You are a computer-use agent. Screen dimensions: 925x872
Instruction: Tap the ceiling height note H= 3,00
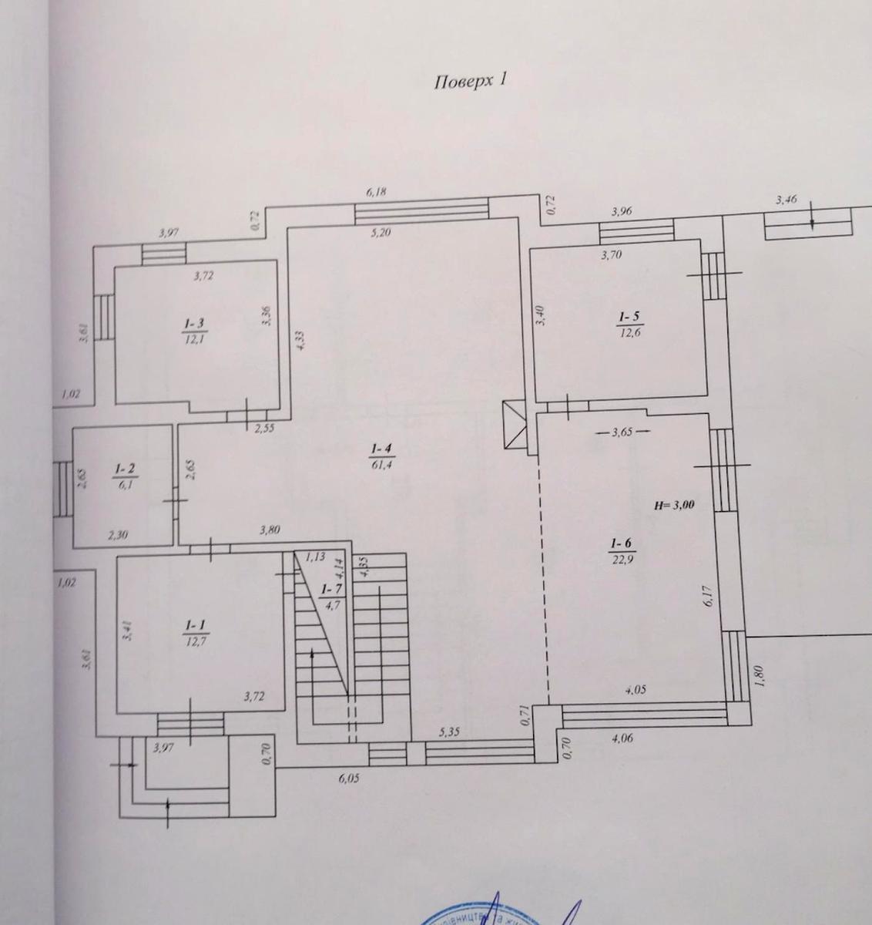(x=674, y=506)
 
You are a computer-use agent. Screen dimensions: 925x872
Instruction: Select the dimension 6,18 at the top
(x=376, y=191)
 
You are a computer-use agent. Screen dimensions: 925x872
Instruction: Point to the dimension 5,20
(x=381, y=231)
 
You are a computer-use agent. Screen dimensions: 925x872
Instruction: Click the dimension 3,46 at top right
(x=786, y=200)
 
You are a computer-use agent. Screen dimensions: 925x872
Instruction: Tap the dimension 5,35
(x=449, y=732)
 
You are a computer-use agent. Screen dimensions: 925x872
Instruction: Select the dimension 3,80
(x=269, y=530)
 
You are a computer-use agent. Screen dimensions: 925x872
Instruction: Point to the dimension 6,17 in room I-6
(x=709, y=597)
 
